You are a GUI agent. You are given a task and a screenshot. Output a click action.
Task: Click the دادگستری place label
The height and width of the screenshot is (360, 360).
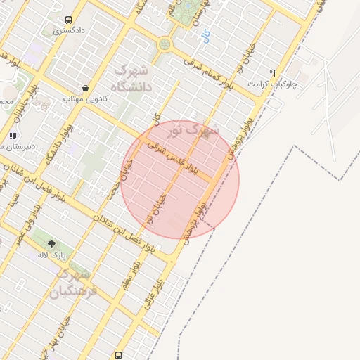click(70, 32)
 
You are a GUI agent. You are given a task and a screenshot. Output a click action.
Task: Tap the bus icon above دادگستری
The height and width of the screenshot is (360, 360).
click(68, 20)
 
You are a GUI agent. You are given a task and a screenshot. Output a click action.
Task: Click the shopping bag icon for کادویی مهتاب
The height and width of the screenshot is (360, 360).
click(85, 89)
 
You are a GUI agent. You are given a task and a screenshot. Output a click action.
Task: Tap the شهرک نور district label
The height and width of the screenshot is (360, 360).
click(195, 129)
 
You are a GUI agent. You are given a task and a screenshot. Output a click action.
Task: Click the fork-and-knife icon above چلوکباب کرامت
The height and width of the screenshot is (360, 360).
click(273, 72)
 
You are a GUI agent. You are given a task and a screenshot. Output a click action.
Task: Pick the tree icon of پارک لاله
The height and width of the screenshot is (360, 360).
click(52, 243)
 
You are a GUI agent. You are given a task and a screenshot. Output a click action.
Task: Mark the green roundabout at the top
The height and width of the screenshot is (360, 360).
click(165, 44)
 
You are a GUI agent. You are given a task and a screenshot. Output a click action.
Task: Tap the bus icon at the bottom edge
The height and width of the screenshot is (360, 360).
click(118, 355)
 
